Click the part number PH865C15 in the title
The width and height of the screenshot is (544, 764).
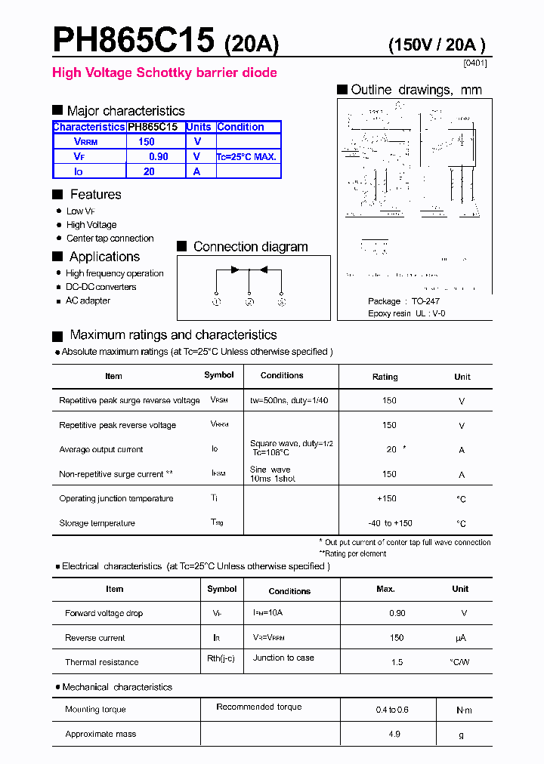tap(134, 40)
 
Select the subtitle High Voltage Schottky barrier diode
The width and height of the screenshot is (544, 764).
tap(164, 73)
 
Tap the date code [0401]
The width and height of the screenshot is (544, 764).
tap(474, 63)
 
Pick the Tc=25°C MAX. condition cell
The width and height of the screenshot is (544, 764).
tap(247, 157)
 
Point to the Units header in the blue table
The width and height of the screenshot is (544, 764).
tap(199, 128)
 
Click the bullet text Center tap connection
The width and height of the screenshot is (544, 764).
tap(110, 239)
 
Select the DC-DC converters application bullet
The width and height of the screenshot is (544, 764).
tap(101, 288)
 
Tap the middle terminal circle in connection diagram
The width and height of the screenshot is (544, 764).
tap(249, 302)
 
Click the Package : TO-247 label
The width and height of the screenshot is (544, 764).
tap(403, 301)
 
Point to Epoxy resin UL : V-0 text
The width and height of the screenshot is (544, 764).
tap(406, 313)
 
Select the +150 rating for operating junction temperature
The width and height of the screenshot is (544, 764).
tap(387, 499)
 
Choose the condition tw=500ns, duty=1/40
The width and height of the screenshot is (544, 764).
tap(289, 400)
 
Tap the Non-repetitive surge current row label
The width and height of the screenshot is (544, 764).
tap(116, 474)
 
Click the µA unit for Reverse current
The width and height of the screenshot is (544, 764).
tap(460, 638)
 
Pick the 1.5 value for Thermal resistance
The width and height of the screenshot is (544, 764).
tap(397, 662)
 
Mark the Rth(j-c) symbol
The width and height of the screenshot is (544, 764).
tap(221, 658)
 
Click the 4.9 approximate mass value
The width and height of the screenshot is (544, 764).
tap(394, 734)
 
